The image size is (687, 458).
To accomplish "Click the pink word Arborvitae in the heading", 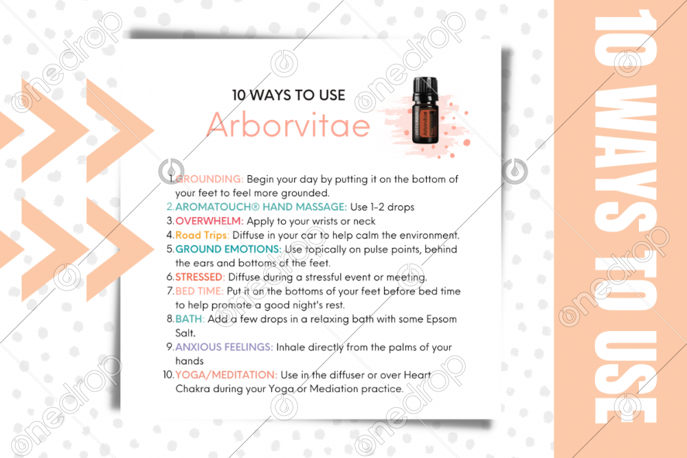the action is [x=289, y=125].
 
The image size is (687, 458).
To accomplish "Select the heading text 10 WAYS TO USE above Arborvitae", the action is [x=289, y=95].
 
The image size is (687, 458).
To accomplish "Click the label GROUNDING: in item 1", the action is [x=210, y=179].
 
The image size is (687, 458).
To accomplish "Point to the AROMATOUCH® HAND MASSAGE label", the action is [x=261, y=207].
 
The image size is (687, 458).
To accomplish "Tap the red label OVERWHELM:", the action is [x=210, y=220].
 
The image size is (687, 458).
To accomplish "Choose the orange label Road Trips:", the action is [x=202, y=235].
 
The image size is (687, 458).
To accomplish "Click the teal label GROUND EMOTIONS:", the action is [x=228, y=249].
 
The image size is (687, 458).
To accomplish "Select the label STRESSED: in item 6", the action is [x=200, y=277].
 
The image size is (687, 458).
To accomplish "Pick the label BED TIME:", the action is [x=199, y=290].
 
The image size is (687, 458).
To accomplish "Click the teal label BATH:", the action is [x=190, y=319].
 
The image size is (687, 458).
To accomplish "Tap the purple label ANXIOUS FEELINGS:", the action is [x=224, y=347].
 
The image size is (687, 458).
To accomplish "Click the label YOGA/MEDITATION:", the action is [x=226, y=375].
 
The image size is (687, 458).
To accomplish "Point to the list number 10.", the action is [x=168, y=375].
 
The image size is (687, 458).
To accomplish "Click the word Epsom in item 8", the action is [x=442, y=319].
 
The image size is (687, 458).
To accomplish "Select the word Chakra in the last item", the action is [x=193, y=389].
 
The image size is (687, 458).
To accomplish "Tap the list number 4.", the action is [x=170, y=235].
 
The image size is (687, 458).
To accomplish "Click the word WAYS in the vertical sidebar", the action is [x=625, y=158].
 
